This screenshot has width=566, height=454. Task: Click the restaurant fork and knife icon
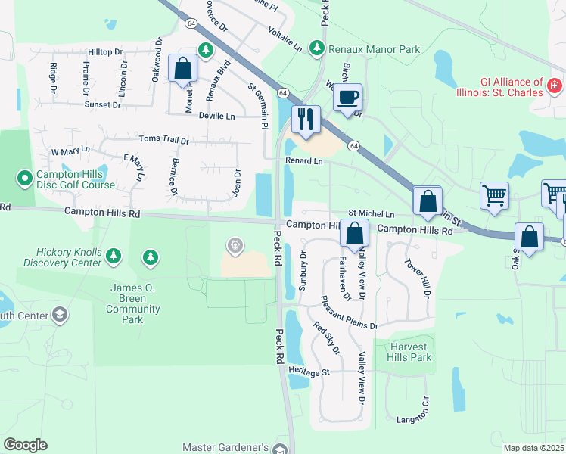coord(306,120)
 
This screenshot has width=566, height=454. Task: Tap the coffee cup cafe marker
coord(347,98)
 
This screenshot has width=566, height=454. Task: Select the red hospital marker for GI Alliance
coord(556,82)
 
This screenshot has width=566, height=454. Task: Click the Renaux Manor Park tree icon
coord(317,49)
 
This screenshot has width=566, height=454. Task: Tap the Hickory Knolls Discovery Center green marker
coord(114,257)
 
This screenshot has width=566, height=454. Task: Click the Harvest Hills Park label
coord(410,352)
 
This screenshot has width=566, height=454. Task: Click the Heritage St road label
coord(309,372)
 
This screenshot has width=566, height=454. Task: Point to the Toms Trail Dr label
coord(163,140)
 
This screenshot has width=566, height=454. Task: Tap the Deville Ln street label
coord(217,117)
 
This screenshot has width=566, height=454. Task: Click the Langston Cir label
coord(413,418)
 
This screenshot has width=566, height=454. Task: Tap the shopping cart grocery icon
coord(494,194)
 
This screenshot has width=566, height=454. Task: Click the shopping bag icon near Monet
coord(183,67)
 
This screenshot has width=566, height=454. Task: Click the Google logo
coord(25,445)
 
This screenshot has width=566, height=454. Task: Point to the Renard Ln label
coord(303,161)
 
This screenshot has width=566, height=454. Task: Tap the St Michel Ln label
coord(371,215)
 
